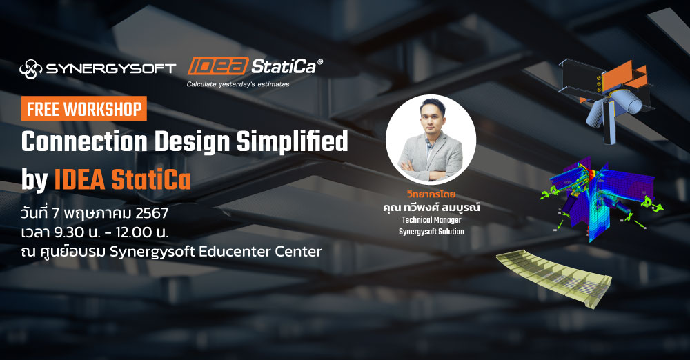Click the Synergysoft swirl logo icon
pyautogui.click(x=31, y=68)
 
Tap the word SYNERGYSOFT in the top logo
pyautogui.click(x=110, y=68)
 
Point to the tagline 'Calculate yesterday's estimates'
pyautogui.click(x=238, y=85)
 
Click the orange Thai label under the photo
pyautogui.click(x=431, y=195)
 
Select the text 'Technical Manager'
pyautogui.click(x=431, y=220)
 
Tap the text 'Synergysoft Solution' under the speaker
pyautogui.click(x=431, y=232)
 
